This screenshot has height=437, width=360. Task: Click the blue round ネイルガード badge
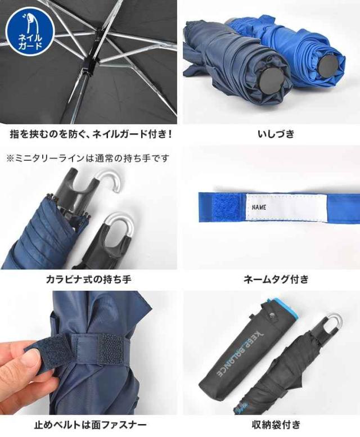pos(30,30)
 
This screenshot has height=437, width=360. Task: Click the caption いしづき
pos(276,134)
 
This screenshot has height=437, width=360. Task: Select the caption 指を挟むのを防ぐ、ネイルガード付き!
pos(91,134)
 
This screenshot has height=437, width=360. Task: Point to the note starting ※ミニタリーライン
pos(88,158)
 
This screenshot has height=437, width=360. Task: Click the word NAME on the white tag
pos(259,207)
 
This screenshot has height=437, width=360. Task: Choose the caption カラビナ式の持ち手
pos(89,279)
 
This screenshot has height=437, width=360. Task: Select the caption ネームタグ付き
pos(276,279)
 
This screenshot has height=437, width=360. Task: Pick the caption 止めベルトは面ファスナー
pos(90,425)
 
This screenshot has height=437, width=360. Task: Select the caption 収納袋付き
pos(276,425)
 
